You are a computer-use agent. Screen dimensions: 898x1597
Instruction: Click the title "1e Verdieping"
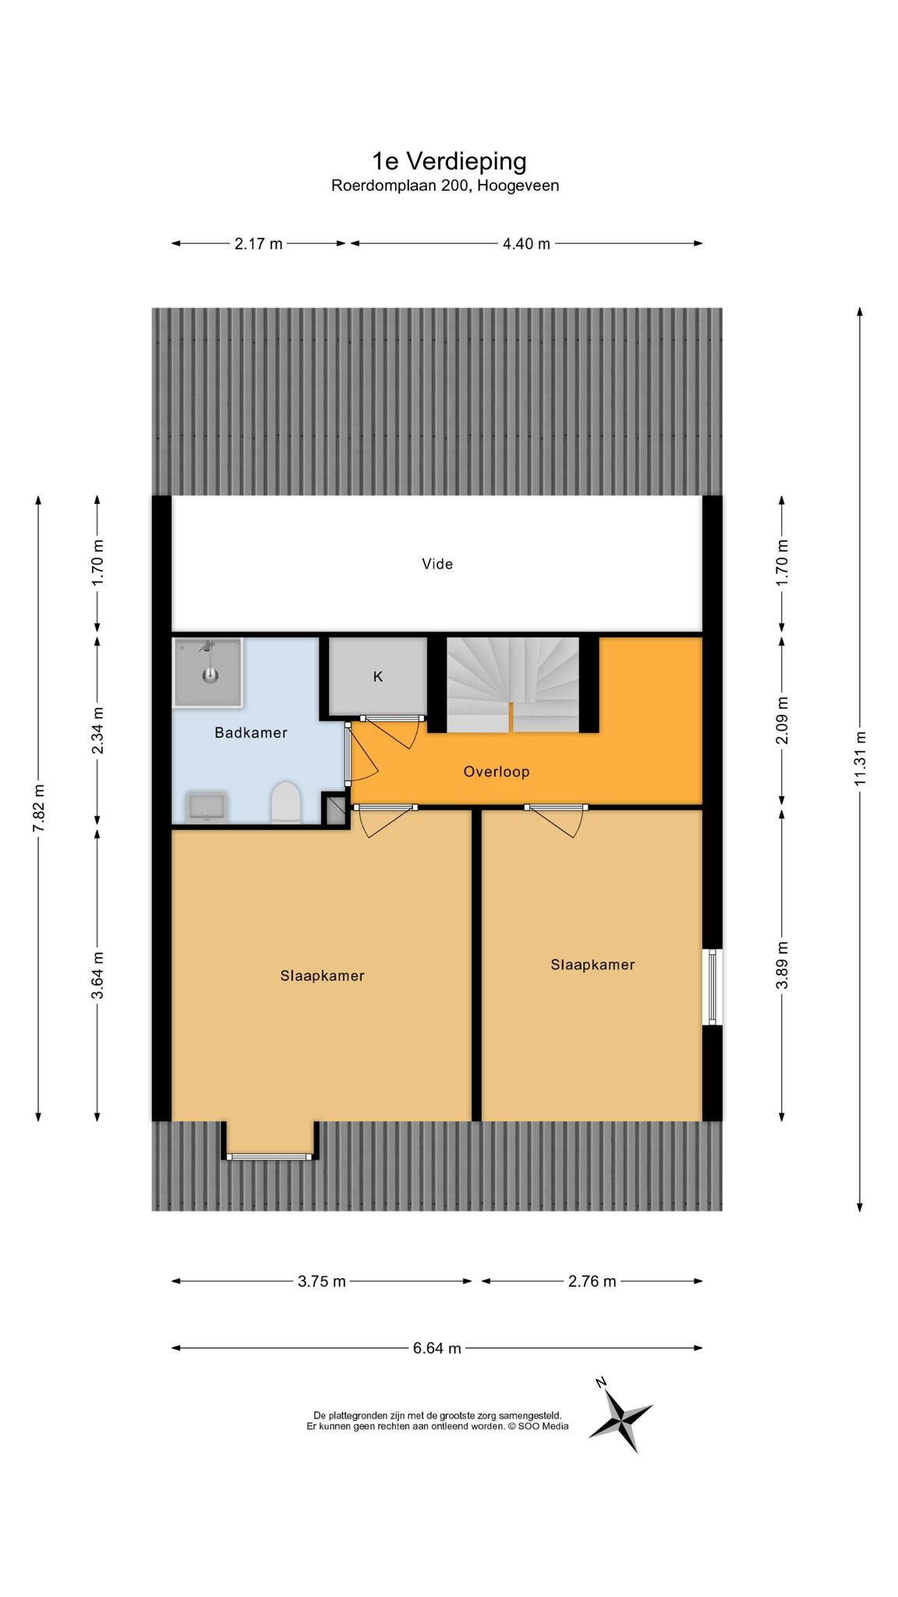449,161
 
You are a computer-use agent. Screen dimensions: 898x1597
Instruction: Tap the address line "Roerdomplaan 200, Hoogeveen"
445,186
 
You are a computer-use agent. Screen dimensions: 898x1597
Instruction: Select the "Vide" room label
437,564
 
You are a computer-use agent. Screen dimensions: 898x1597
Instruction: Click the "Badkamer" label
251,733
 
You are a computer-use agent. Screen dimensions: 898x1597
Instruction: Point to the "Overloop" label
497,772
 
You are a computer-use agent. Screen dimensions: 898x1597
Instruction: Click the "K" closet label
378,677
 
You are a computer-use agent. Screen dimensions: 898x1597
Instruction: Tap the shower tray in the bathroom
207,672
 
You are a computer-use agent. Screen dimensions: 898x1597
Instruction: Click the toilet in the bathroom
285,802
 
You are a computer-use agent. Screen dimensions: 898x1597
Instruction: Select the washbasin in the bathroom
207,807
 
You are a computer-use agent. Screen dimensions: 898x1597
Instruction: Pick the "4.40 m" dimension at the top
526,244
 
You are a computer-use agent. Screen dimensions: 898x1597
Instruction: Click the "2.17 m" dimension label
259,244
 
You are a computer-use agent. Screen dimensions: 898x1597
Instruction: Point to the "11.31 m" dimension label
860,759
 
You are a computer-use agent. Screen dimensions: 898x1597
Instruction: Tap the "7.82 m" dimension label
38,808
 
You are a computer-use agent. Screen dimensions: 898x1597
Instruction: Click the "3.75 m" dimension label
322,1281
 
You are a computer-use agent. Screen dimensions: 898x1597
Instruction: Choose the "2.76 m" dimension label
592,1281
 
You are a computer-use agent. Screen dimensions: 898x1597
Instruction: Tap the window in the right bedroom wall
712,987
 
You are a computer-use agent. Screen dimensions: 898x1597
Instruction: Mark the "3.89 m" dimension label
782,965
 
